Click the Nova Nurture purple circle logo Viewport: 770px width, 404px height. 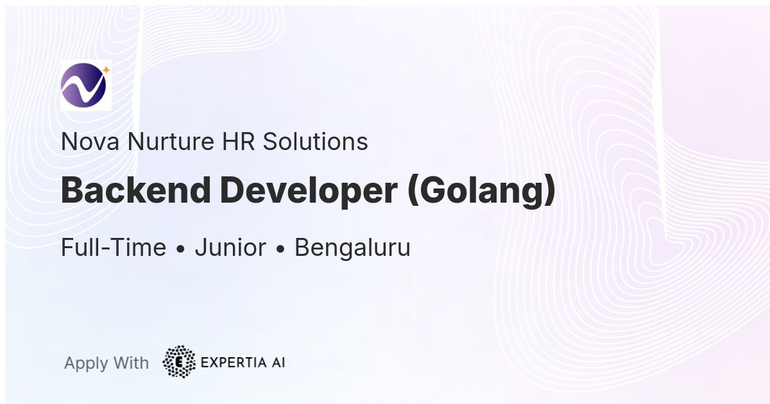pos(83,85)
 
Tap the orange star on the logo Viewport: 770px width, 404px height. pos(106,70)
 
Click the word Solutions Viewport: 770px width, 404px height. pos(318,142)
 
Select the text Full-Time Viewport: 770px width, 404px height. pos(114,248)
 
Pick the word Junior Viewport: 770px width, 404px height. pos(230,248)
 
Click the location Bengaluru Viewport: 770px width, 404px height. pos(352,248)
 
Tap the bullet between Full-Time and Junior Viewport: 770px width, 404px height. pos(180,249)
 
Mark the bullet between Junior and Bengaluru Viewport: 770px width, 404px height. pos(280,249)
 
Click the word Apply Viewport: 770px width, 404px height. pos(86,364)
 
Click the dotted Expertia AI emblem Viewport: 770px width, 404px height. pos(179,362)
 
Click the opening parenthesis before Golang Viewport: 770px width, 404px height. pos(413,192)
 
